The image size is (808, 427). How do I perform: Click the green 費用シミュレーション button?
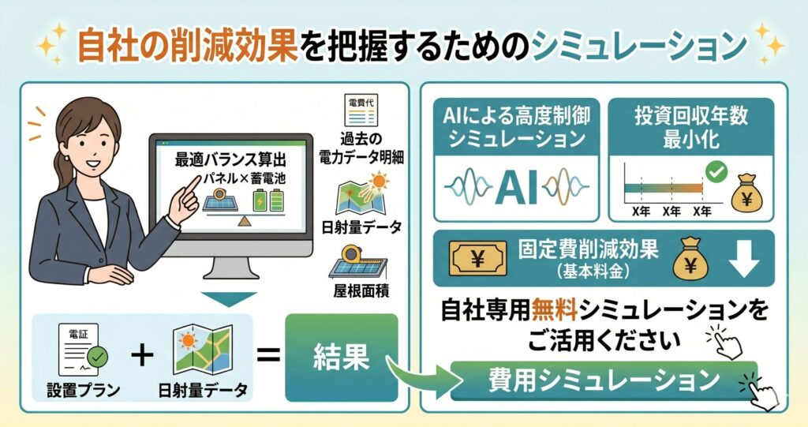pyautogui.click(x=604, y=380)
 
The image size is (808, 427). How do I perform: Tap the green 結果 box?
pyautogui.click(x=342, y=358)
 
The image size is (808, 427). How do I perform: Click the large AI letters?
pyautogui.click(x=516, y=187)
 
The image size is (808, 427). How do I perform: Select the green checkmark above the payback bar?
pyautogui.click(x=716, y=172)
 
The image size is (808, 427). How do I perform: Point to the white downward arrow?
pyautogui.click(x=745, y=259)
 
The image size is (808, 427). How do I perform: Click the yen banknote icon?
pyautogui.click(x=477, y=258)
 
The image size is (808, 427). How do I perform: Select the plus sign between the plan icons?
pyautogui.click(x=142, y=356)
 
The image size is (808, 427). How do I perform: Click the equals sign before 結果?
pyautogui.click(x=268, y=356)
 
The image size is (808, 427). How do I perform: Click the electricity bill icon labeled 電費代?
pyautogui.click(x=361, y=110)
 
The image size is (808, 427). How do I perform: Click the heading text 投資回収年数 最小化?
pyautogui.click(x=691, y=127)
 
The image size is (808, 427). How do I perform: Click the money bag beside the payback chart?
pyautogui.click(x=746, y=192)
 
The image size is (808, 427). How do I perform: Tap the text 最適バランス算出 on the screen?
pyautogui.click(x=230, y=160)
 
